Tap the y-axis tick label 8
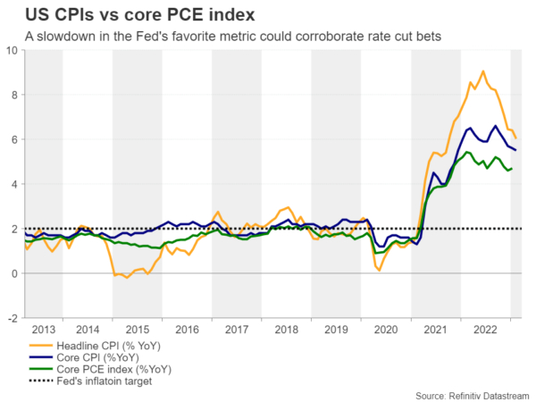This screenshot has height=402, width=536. click(15, 95)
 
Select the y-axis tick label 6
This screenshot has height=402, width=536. click(15, 139)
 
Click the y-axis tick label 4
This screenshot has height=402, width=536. click(15, 184)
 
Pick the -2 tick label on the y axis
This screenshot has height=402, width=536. click(13, 318)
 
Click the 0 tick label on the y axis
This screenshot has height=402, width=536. click(15, 273)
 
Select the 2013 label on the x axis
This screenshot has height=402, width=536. click(47, 329)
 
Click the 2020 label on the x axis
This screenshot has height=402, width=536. click(386, 329)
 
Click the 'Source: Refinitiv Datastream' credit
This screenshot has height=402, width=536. click(472, 394)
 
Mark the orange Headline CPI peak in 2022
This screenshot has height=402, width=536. click(483, 71)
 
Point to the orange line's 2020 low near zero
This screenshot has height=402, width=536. click(379, 270)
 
